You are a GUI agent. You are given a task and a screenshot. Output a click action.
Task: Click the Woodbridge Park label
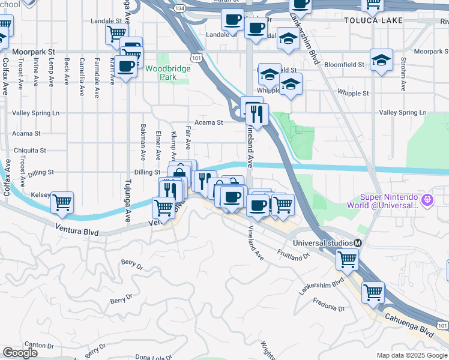click(x=167, y=73)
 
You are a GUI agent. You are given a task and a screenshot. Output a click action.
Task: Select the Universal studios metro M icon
click(x=358, y=243)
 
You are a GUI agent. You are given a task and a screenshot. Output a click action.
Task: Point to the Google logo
click(x=20, y=353)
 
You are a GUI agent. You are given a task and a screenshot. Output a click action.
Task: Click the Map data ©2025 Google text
click(x=411, y=355)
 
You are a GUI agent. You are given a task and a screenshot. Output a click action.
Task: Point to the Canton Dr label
click(x=40, y=345)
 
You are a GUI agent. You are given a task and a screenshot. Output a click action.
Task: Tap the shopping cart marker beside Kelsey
click(x=62, y=202)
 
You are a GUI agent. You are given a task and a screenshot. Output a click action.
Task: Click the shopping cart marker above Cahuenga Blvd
click(x=373, y=292)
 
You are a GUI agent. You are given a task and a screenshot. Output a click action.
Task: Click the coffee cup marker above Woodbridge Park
click(x=127, y=66)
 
